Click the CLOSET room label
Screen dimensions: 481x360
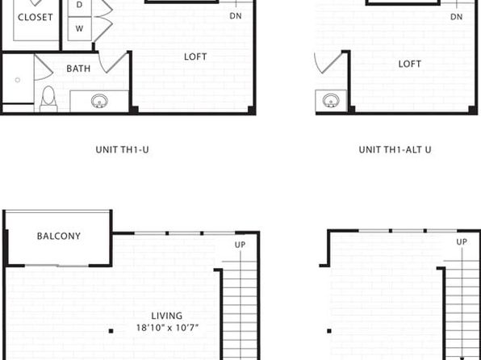(36, 17)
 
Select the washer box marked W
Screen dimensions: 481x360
(79, 29)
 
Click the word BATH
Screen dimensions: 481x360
(78, 69)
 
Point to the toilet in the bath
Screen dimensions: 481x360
(48, 98)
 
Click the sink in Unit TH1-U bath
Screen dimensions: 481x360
(99, 101)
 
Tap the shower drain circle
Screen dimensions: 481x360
(18, 80)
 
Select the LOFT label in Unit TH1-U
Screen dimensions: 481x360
(195, 57)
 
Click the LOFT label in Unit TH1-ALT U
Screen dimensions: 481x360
(409, 64)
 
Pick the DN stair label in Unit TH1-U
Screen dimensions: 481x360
(236, 16)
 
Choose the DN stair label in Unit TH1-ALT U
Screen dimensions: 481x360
(457, 17)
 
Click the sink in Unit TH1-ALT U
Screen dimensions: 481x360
(331, 101)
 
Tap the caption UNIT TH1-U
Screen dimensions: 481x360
(122, 150)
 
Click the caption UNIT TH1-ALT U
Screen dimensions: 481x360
(395, 150)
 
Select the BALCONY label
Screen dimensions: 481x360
(59, 236)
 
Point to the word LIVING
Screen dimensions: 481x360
(167, 316)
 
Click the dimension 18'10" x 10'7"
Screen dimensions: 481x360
(167, 328)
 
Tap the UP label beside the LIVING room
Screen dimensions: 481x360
(240, 245)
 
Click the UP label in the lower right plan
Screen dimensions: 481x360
(462, 242)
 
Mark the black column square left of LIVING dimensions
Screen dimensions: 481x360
(111, 331)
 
